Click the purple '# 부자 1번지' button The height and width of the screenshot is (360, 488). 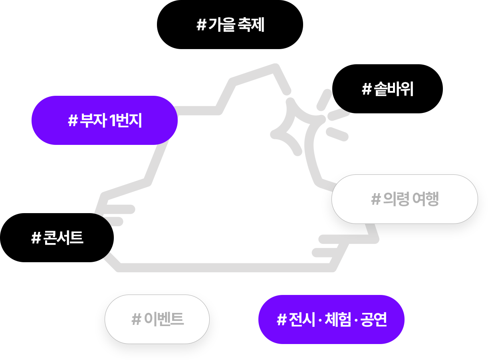pos(105,121)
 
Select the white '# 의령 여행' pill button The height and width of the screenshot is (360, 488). pos(405,199)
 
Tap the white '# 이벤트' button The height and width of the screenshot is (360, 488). pos(157,319)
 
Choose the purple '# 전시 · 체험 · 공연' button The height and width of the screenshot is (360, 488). pos(331,319)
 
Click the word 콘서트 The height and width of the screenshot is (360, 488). pos(63,238)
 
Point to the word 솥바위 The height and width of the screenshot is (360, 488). pos(394,89)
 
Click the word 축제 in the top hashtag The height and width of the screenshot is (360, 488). pos(251,25)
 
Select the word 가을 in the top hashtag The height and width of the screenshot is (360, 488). pos(220,25)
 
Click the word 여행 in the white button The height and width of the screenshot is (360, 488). pos(426,199)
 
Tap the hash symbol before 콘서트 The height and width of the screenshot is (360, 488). pos(36,239)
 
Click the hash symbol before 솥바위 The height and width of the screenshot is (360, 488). pos(367,90)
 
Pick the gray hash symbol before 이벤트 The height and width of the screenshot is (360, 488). pos(137,320)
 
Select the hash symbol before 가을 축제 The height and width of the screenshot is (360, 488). pos(201,26)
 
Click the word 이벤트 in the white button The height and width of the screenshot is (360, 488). pos(164,319)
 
